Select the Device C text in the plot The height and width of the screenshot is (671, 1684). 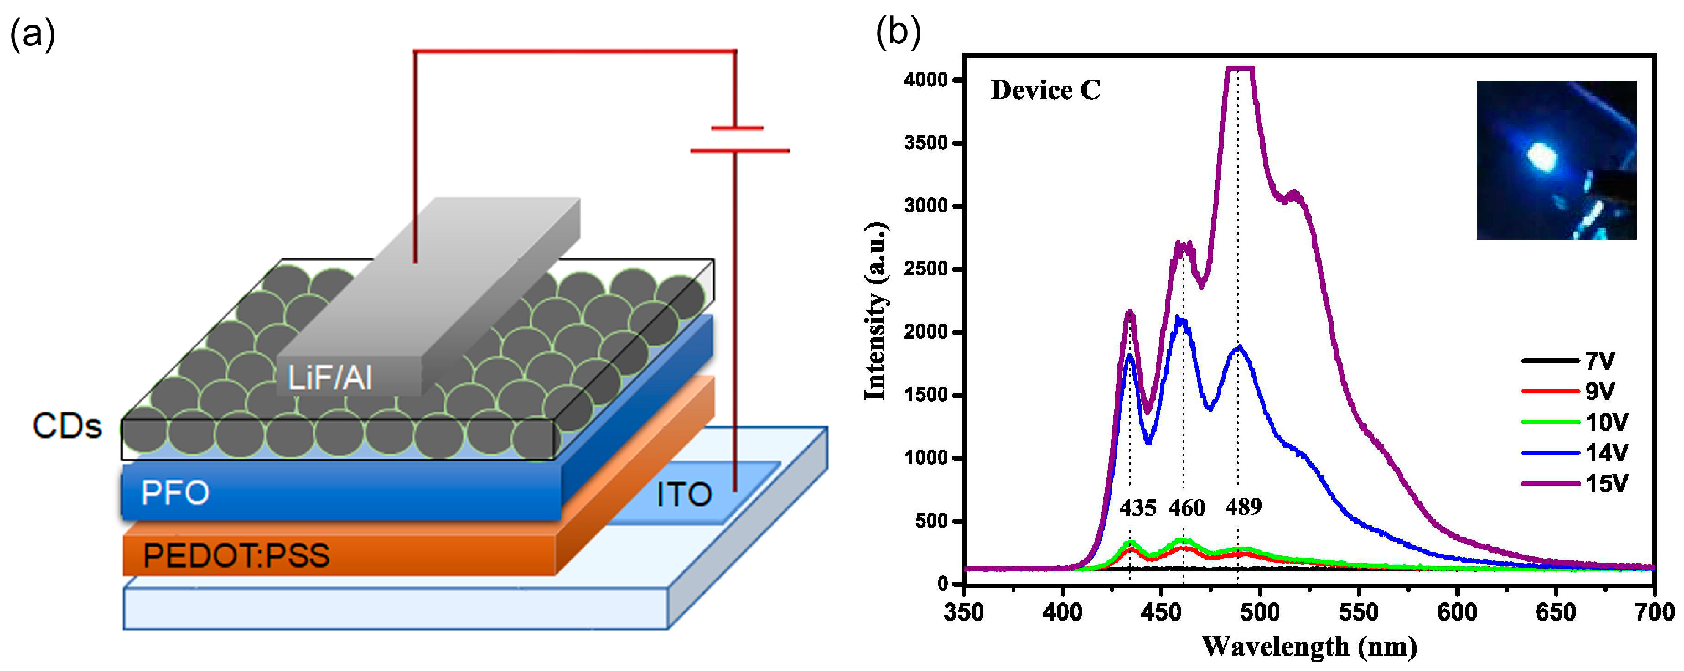[x=1045, y=90]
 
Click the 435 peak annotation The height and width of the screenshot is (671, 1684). [x=1137, y=508]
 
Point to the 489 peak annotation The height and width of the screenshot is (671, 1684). [x=1243, y=506]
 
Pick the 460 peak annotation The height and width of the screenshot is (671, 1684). [x=1187, y=508]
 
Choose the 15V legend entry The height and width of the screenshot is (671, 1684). [x=1606, y=483]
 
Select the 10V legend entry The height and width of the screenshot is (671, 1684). [x=1606, y=422]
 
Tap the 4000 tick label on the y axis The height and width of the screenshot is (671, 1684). [x=925, y=80]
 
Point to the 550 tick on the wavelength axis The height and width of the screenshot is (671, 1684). [x=1358, y=612]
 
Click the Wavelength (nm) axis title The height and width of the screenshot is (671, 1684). [x=1309, y=647]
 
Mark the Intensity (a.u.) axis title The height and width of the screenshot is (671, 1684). [x=875, y=311]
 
